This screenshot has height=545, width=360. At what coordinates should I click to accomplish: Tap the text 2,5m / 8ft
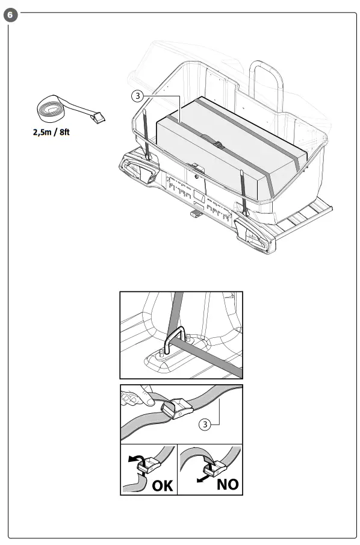pos(53,132)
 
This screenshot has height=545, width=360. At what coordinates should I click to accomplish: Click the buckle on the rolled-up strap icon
pos(98,117)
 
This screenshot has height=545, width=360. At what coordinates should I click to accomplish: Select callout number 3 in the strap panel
pos(206,425)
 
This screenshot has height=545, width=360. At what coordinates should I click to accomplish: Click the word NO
pos(224,484)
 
